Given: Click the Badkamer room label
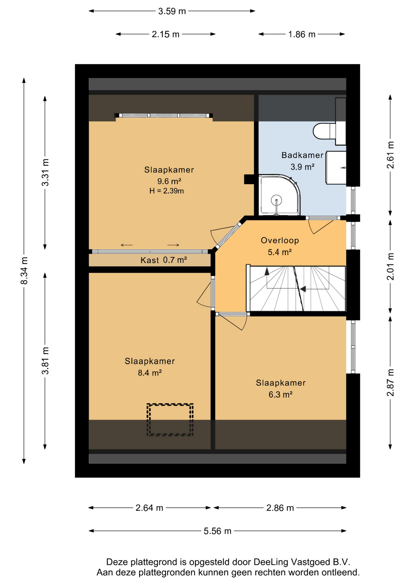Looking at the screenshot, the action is coord(302,155).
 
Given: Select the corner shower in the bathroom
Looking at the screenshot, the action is coord(279,195).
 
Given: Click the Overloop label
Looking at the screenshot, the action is coord(280,240).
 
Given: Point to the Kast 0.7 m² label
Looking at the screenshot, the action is coord(164,260).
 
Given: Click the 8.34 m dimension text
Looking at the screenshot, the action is coord(24,271).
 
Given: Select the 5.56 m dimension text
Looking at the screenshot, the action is coord(217,531).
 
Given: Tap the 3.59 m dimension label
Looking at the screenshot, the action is coord(172,11).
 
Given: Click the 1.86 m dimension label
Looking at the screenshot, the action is coord(302,34).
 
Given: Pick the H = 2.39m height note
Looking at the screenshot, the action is coord(166,191).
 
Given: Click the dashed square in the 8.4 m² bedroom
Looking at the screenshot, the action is coord(170,420).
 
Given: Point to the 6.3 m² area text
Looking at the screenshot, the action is coord(280,395).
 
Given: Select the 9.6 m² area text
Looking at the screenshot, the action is coord(169,181).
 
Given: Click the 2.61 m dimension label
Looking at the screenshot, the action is coord(390,155).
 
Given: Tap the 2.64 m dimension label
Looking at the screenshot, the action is coord(149,508).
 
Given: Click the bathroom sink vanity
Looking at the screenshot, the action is coord(336,168).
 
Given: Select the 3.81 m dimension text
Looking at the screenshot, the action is coord(45,360).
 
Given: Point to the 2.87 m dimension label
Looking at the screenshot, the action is coord(390,382).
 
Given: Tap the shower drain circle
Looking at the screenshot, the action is coord(276,200).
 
